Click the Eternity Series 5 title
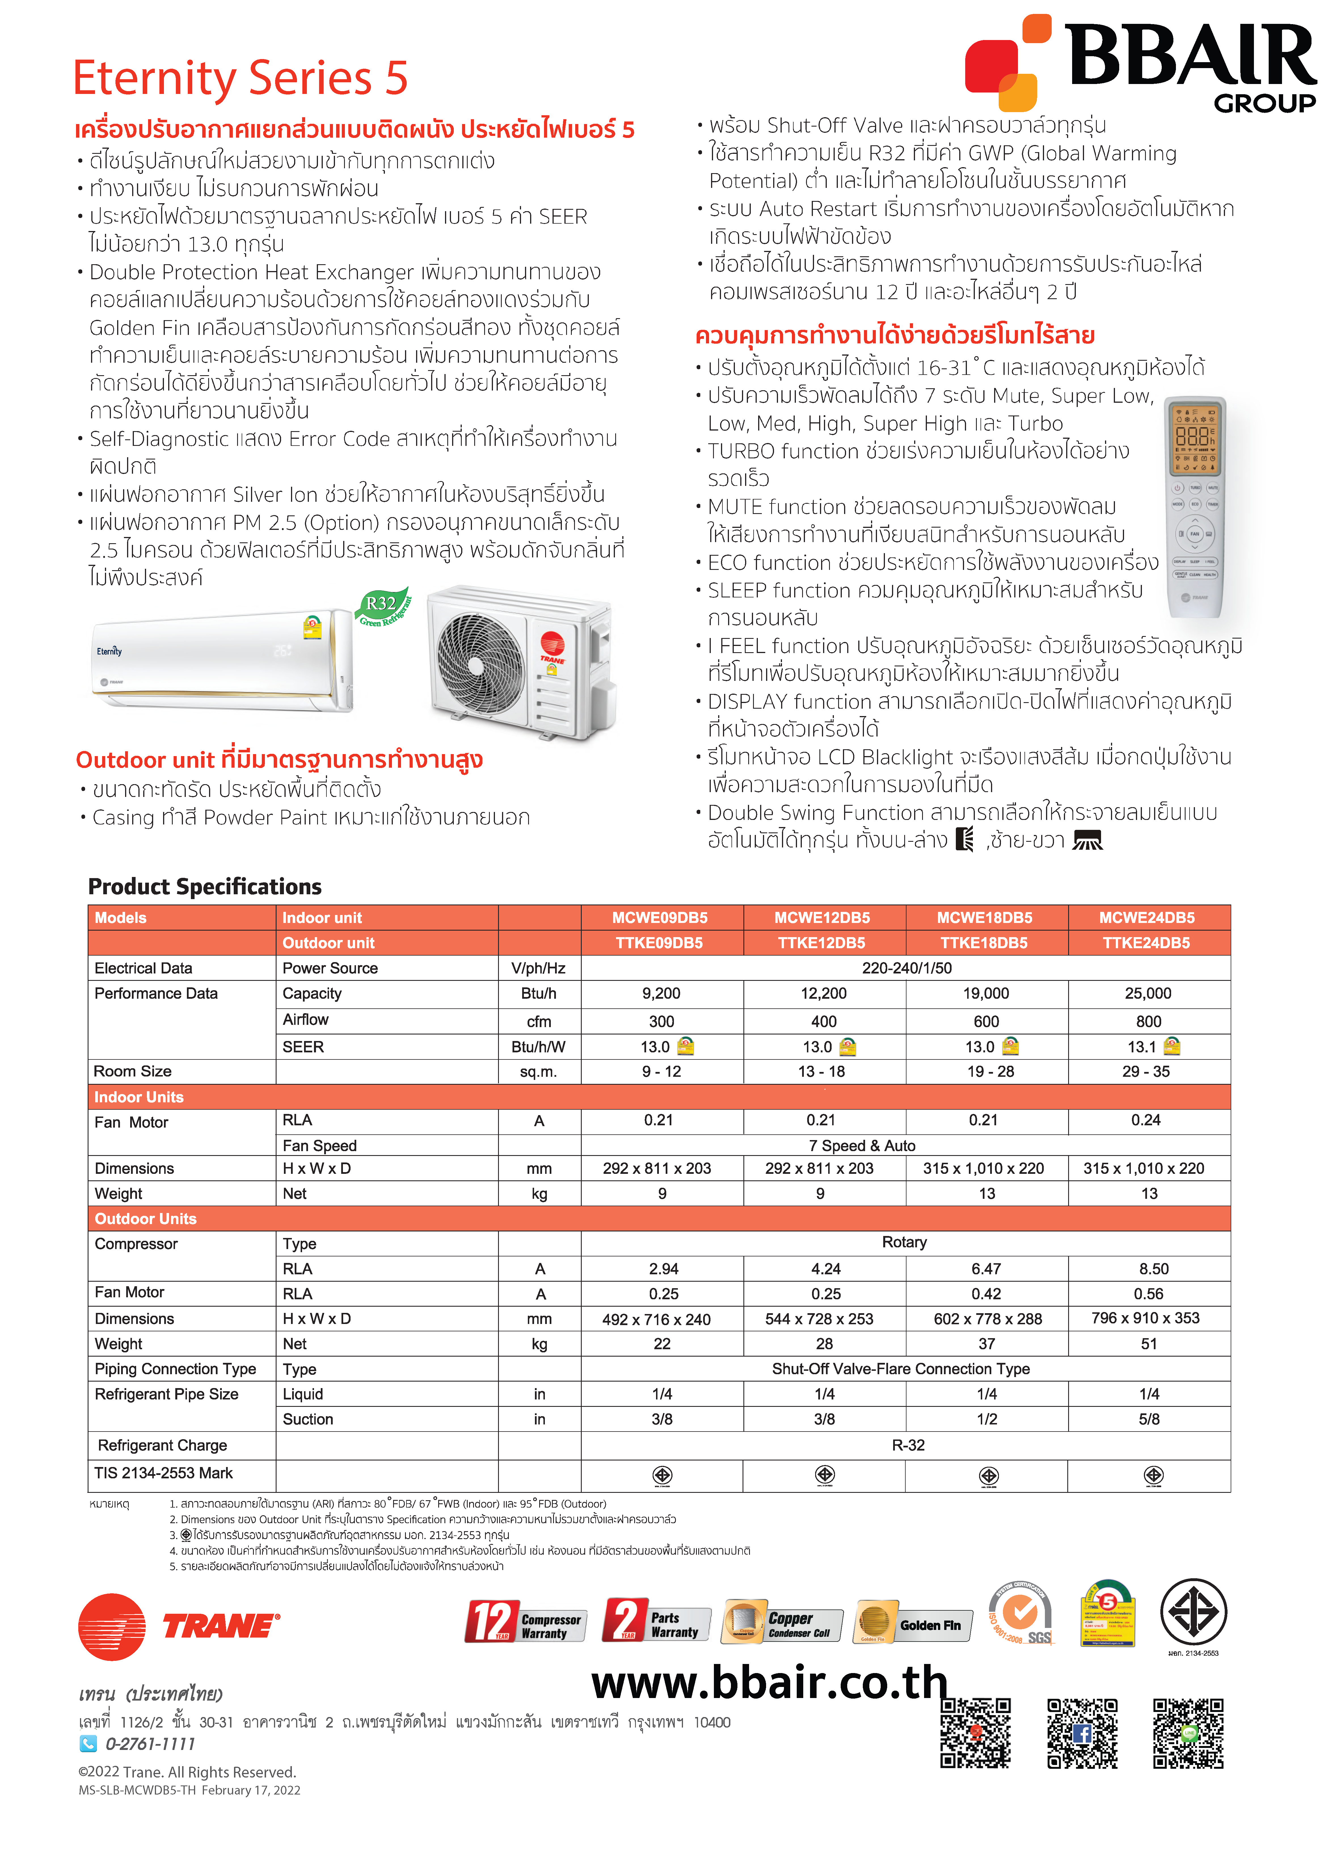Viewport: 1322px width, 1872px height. point(241,78)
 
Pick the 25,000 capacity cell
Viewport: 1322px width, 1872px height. point(1148,993)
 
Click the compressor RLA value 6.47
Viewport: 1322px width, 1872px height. point(986,1269)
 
